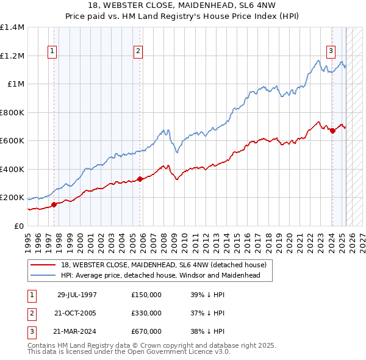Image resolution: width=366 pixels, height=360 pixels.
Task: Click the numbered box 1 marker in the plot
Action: [53, 51]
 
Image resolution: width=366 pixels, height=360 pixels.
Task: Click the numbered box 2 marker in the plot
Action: [139, 51]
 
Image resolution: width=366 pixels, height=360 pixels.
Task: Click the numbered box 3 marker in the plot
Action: [331, 51]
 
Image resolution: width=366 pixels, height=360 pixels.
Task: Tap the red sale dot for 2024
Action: [332, 131]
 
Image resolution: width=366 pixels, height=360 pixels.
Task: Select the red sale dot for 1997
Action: [54, 204]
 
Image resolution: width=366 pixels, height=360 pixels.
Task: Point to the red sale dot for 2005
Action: [140, 179]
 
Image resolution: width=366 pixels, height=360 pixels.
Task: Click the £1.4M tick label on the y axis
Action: [12, 27]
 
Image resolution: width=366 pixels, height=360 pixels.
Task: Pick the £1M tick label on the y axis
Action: [16, 84]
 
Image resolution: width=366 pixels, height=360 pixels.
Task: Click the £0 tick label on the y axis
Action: [20, 226]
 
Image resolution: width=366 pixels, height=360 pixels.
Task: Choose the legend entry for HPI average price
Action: [160, 275]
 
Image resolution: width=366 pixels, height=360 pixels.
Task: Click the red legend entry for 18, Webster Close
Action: [163, 265]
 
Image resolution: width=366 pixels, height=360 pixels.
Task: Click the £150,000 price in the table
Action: [146, 295]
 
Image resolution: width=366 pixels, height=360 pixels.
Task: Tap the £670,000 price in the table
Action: [146, 331]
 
